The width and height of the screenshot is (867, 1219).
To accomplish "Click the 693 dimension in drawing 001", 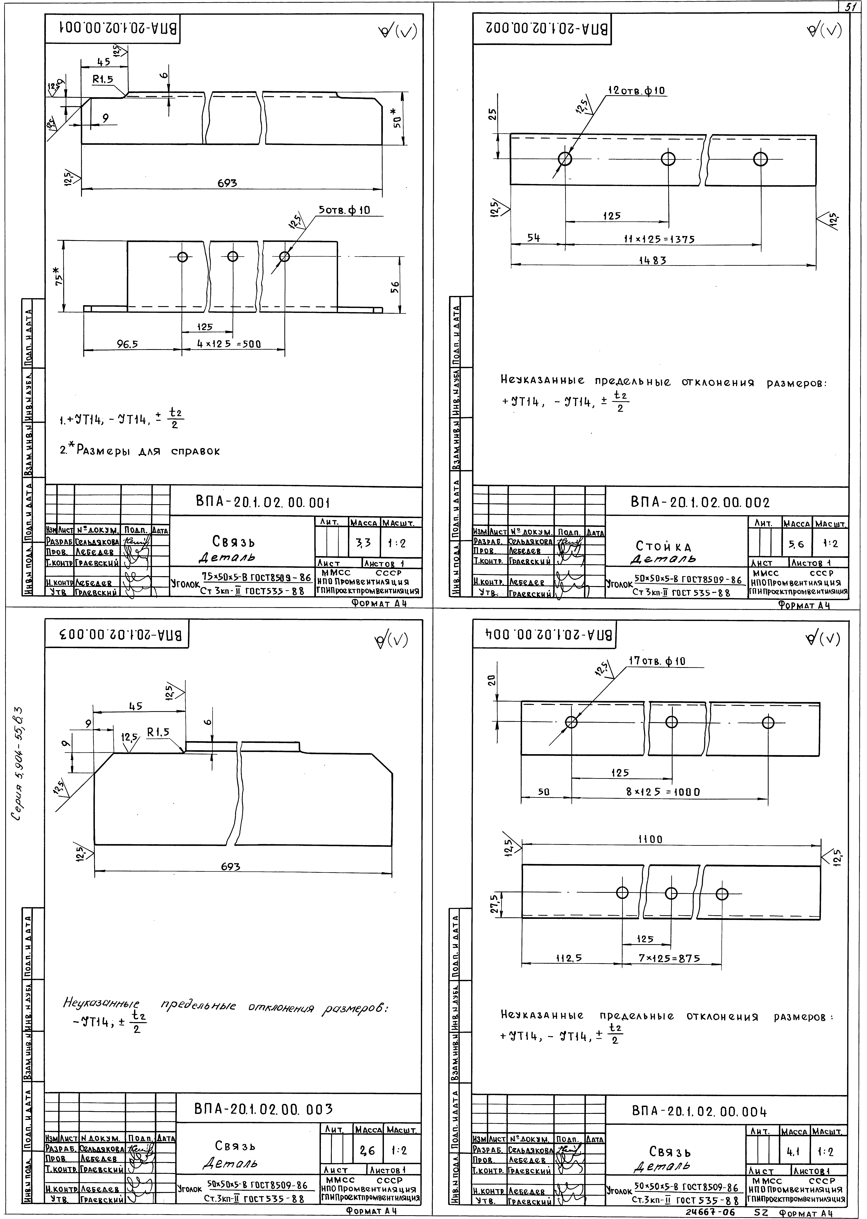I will point(227,183).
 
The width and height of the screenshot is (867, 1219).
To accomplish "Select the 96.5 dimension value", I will point(128,344).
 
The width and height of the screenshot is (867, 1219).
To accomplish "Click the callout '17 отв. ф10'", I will point(657,661).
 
